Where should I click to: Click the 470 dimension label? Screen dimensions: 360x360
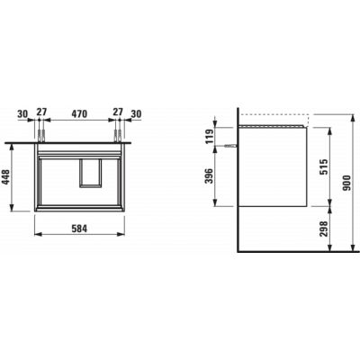click(79, 113)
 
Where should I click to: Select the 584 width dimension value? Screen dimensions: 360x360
click(79, 229)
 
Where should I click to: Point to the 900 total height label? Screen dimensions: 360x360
click(347, 183)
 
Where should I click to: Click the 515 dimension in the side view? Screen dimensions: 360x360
click(325, 167)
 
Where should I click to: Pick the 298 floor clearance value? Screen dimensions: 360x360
click(325, 229)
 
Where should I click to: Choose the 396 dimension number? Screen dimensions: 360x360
click(210, 176)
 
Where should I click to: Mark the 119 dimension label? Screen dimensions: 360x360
click(210, 136)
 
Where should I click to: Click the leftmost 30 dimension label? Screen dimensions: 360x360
click(22, 113)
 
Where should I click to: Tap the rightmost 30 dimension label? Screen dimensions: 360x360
click(136, 113)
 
